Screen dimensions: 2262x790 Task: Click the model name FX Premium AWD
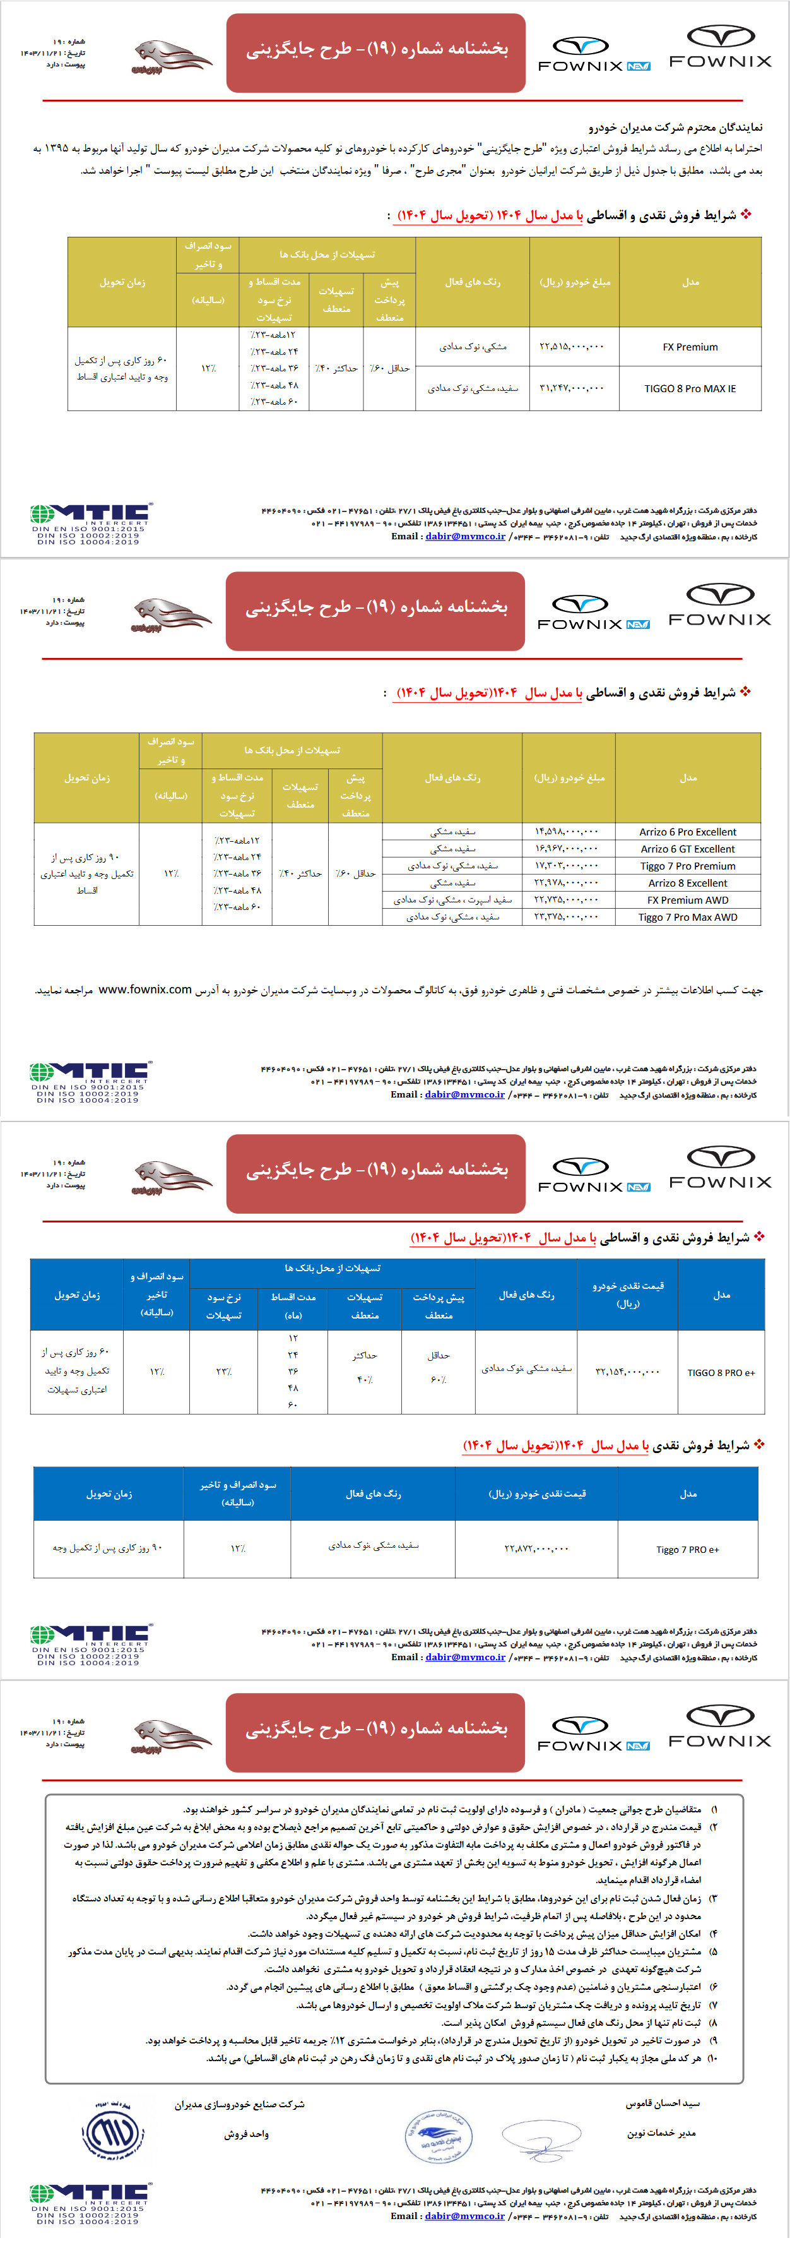tap(687, 900)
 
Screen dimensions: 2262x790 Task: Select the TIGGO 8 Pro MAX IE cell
tap(690, 388)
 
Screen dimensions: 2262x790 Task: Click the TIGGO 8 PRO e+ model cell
tap(721, 1372)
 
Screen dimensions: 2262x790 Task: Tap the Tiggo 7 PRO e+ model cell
tap(687, 1550)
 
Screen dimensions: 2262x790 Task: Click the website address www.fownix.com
tap(145, 990)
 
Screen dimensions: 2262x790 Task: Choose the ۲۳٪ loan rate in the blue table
tap(223, 1372)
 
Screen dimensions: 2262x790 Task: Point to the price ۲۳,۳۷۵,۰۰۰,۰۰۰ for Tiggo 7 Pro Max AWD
tap(566, 917)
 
